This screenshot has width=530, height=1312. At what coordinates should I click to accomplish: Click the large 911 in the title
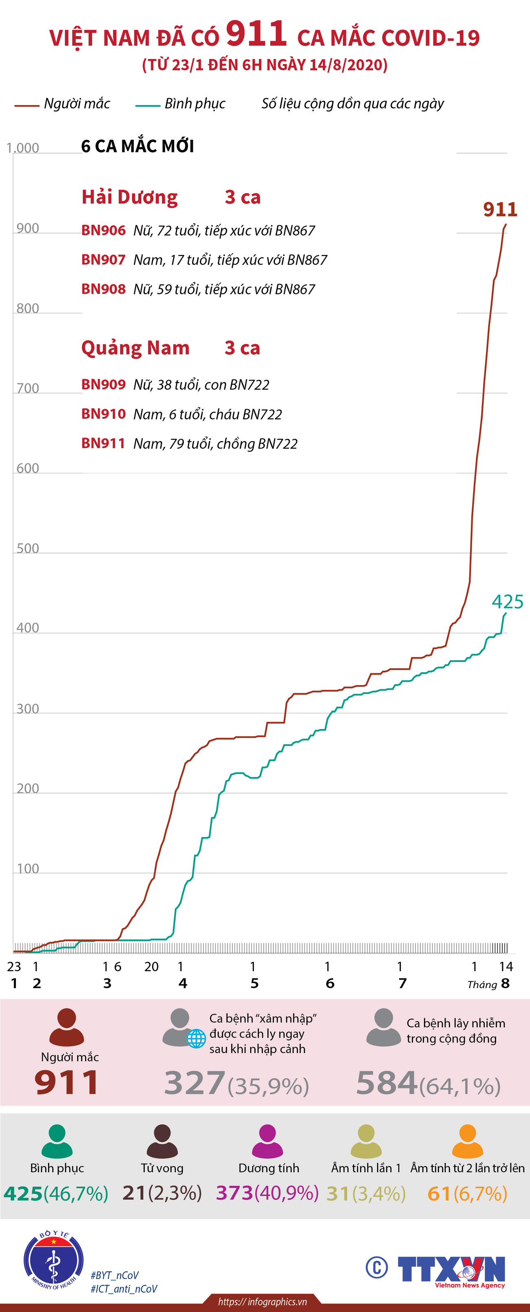[x=256, y=34]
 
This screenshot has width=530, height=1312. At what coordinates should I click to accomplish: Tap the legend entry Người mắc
[x=77, y=104]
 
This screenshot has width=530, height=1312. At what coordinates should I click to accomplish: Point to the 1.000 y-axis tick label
[x=22, y=148]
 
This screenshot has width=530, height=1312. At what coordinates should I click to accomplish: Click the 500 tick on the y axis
[x=28, y=549]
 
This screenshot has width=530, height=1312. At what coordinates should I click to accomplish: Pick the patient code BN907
[x=104, y=260]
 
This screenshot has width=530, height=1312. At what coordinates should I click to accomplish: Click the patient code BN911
[x=104, y=443]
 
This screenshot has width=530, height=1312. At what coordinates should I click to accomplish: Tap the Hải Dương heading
[x=130, y=197]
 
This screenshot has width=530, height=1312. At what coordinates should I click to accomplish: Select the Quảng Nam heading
[x=135, y=348]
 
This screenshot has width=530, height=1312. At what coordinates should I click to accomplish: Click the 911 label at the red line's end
[x=500, y=209]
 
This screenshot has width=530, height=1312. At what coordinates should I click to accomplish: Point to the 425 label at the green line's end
[x=507, y=602]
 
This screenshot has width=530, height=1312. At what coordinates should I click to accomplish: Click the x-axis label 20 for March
[x=151, y=967]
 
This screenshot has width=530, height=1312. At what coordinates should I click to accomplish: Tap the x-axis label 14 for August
[x=506, y=967]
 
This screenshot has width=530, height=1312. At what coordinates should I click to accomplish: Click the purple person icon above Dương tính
[x=267, y=1141]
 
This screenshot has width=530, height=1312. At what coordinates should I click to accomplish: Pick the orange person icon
[x=467, y=1141]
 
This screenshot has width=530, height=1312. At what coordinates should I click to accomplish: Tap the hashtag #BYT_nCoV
[x=115, y=1275]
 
